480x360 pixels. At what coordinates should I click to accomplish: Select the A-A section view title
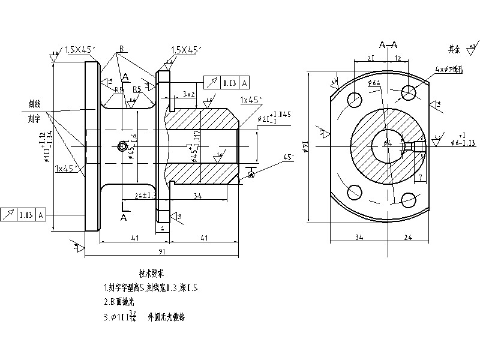388,45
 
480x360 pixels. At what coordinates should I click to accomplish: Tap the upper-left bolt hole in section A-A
359,100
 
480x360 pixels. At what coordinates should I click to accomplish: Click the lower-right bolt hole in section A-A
409,200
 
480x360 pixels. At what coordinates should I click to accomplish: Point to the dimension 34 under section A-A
358,238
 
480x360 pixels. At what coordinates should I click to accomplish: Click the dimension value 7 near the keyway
421,177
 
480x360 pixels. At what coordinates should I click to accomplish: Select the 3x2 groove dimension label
188,95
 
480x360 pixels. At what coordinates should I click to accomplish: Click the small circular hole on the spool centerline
122,146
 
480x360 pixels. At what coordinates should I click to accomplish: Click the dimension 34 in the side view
197,196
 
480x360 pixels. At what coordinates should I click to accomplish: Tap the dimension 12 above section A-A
398,58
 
